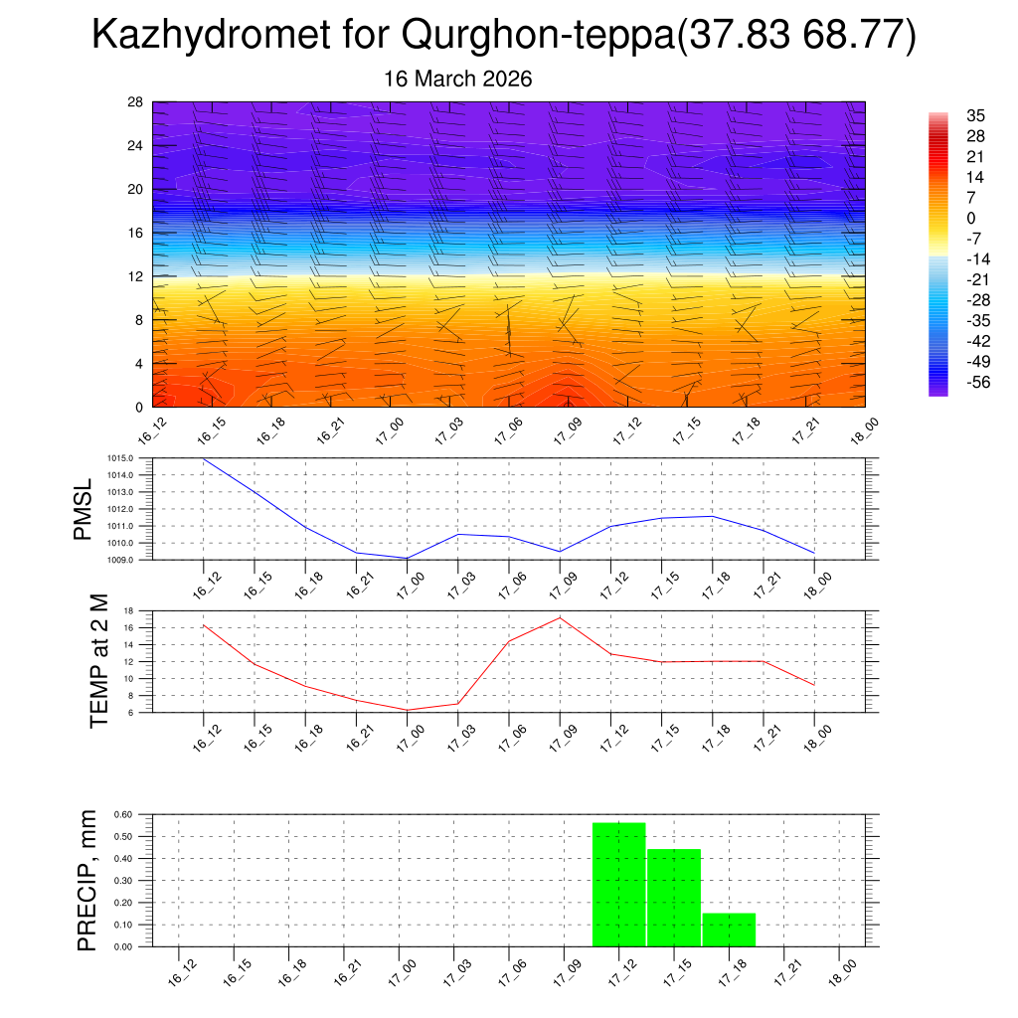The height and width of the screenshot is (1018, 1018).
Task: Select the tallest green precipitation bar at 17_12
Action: pos(618,884)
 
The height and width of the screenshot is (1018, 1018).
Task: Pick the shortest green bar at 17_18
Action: pos(729,929)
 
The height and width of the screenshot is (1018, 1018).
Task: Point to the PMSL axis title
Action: pos(83,509)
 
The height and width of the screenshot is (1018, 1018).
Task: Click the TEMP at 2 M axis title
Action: pos(98,660)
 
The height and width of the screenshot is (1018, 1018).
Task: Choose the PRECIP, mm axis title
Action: pos(87,880)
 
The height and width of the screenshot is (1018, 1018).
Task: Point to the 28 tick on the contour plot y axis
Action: pos(136,102)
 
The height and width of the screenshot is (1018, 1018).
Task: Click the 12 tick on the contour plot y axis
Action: pos(136,276)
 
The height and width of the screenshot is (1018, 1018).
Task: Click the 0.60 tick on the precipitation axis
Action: pos(122,814)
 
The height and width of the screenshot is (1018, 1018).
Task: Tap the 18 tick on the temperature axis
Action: pos(128,610)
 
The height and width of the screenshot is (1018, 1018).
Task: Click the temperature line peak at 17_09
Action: pos(560,617)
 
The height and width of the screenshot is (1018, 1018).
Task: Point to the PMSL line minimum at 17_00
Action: pos(407,558)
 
